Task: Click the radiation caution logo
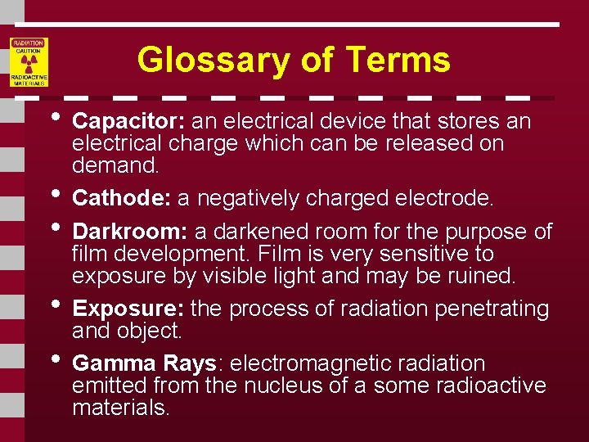pos(29,62)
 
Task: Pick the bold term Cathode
pos(122,199)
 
